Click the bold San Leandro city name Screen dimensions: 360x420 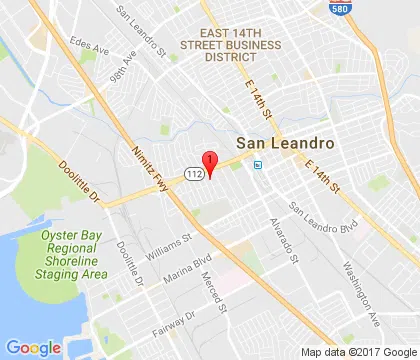tap(276, 144)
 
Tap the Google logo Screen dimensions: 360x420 tap(34, 346)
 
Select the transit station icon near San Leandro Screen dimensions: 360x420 tap(258, 164)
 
